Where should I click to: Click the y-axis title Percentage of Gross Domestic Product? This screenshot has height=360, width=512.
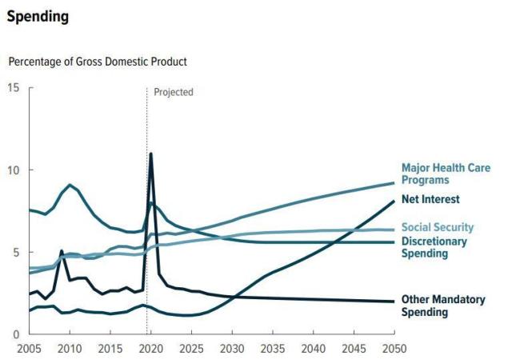click(x=98, y=62)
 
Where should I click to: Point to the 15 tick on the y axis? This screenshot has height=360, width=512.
click(x=14, y=86)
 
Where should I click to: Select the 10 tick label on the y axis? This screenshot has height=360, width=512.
click(x=14, y=170)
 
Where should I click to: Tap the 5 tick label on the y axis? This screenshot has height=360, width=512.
click(x=17, y=252)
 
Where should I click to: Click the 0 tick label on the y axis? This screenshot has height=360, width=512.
click(x=17, y=334)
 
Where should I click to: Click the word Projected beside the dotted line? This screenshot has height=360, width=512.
click(x=174, y=92)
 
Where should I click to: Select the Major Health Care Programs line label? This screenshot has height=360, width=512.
click(x=446, y=174)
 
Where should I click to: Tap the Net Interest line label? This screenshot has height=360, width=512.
click(x=436, y=200)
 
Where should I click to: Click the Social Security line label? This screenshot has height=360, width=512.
click(x=438, y=228)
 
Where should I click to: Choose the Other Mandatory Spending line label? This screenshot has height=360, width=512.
click(x=443, y=306)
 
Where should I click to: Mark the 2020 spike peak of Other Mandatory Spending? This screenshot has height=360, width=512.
click(x=151, y=154)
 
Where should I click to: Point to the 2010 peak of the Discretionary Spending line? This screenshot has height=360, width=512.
click(x=70, y=186)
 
